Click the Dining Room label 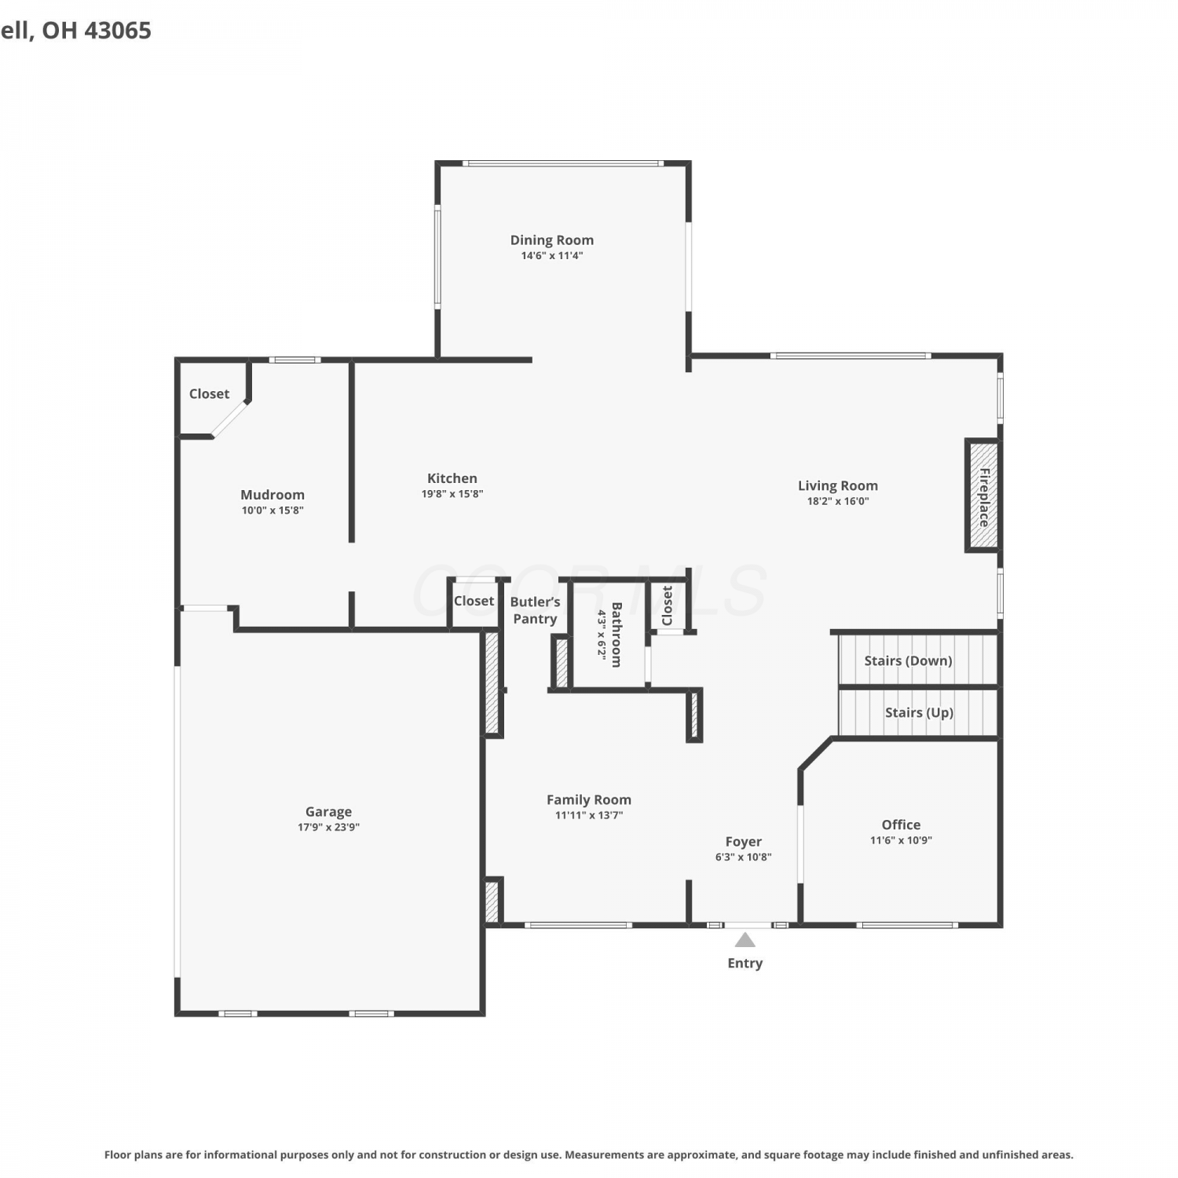[x=551, y=240]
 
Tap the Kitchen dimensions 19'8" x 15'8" [x=452, y=494]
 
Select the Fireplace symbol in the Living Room [x=982, y=496]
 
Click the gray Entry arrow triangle [x=745, y=940]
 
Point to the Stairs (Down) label [x=908, y=660]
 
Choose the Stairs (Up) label [x=919, y=712]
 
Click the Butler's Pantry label [x=535, y=610]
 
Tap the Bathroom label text [x=616, y=635]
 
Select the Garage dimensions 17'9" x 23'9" [x=328, y=827]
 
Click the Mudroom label [x=273, y=495]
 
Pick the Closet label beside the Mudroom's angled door [x=209, y=393]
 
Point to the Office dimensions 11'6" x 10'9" [x=901, y=840]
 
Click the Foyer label [x=744, y=842]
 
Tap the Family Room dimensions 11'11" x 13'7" [x=589, y=815]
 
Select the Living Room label [x=838, y=486]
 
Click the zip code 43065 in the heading [x=117, y=31]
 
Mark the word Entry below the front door [x=745, y=964]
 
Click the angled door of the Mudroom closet [x=230, y=418]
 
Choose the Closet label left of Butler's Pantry [x=474, y=601]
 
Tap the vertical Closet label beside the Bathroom [x=668, y=605]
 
